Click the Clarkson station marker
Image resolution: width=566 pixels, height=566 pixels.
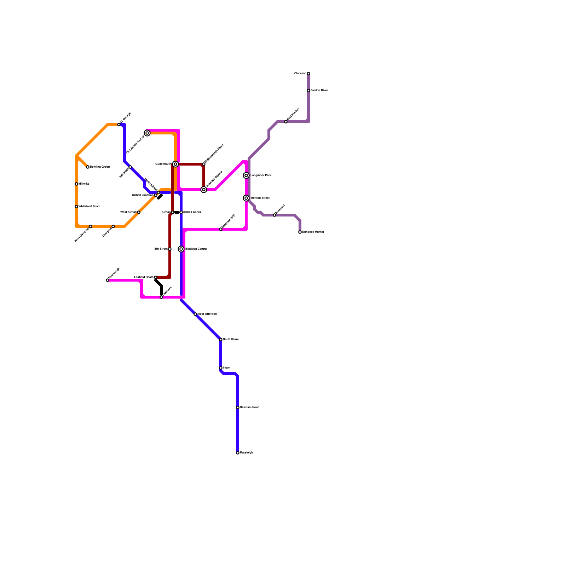point(308,74)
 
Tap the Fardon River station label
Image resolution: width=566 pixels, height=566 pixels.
point(319,91)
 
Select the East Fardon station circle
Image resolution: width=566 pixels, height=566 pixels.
point(286,122)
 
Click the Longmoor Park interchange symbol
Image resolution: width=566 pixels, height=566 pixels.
point(246,175)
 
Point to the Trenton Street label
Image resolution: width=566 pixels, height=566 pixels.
point(260,198)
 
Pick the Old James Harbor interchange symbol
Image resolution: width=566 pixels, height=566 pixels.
point(147,133)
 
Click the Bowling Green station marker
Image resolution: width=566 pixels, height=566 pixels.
point(88,167)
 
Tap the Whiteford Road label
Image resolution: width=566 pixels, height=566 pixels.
point(89,207)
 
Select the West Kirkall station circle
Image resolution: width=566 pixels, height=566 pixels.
point(139,212)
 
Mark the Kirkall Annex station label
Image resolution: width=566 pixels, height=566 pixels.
point(192,212)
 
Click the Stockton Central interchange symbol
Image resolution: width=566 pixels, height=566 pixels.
point(181,249)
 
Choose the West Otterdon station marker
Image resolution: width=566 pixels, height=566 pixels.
point(195,314)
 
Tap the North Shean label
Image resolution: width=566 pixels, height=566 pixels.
point(231,340)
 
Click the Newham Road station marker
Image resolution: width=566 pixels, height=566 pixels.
point(238,408)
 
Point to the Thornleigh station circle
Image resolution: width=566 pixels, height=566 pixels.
point(108,280)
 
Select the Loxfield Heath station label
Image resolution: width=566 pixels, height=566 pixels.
point(144,277)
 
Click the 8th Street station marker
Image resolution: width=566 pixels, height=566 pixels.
point(170,249)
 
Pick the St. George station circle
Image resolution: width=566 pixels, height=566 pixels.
point(119,125)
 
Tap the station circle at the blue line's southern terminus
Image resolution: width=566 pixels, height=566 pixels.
point(238,453)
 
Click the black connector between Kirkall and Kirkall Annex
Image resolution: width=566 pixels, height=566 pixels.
point(177,212)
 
